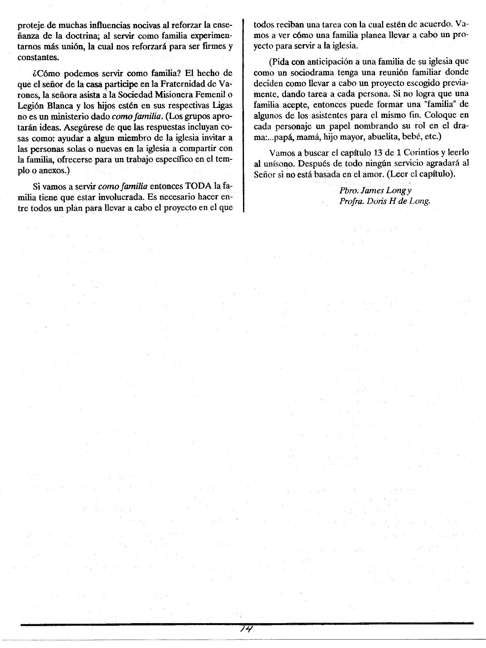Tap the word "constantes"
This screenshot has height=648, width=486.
pyautogui.click(x=37, y=57)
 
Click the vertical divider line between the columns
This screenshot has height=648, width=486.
pyautogui.click(x=243, y=113)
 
